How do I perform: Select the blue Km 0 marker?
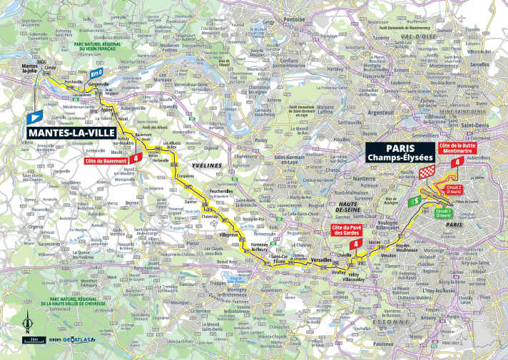click(97, 72)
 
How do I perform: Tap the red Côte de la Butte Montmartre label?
click(457, 146)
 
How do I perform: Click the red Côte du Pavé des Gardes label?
click(347, 230)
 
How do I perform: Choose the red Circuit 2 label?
click(455, 190)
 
